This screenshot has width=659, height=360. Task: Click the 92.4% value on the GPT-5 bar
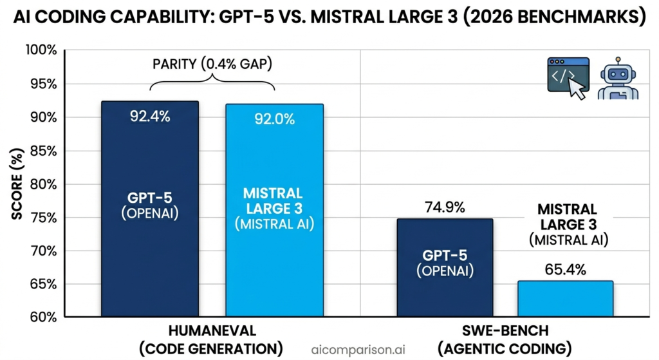[x=149, y=117]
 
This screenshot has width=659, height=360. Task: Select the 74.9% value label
[x=445, y=207]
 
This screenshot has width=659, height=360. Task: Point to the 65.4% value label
[x=565, y=269]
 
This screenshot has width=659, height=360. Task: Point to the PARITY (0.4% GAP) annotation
[x=212, y=64]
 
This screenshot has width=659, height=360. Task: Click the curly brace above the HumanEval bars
[x=212, y=83]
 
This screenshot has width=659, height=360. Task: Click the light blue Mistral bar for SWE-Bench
[x=566, y=299]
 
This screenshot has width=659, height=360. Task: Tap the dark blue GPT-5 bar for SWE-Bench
[x=445, y=267]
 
